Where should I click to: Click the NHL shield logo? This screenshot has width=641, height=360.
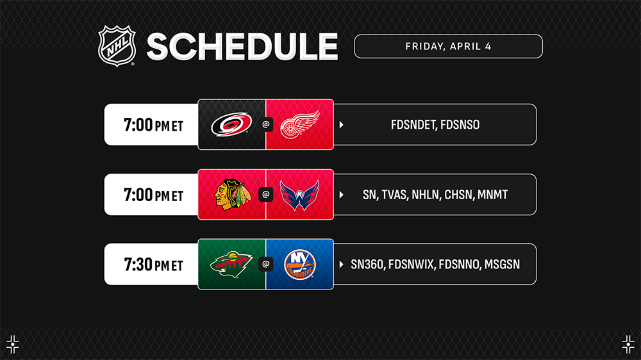tap(117, 45)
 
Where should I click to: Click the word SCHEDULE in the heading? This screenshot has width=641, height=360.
tap(242, 47)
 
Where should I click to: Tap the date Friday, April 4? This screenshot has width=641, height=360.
tap(448, 47)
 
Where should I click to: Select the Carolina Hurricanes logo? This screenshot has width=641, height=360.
tap(231, 124)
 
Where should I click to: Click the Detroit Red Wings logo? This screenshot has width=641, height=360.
tap(300, 125)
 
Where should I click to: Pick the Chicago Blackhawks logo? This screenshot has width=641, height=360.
tap(233, 195)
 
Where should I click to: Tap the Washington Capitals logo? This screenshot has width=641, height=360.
tap(299, 195)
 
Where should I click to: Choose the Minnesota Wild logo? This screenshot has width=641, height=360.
tap(231, 265)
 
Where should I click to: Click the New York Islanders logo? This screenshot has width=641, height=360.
tap(299, 265)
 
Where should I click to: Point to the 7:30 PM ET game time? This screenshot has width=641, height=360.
tap(153, 265)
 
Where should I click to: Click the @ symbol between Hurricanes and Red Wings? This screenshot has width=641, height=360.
tap(266, 125)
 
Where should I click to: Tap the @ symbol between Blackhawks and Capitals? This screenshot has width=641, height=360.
tap(266, 195)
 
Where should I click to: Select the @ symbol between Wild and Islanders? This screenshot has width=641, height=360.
tap(266, 265)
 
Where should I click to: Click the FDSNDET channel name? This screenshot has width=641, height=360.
tap(412, 125)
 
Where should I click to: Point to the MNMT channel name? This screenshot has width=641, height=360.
tap(492, 195)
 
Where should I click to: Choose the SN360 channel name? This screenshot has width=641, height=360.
tap(367, 265)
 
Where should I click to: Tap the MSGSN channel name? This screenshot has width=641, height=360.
tap(502, 265)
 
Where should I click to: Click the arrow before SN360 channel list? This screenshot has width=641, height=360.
tap(342, 265)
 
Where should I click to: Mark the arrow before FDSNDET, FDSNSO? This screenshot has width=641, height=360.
tap(342, 125)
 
